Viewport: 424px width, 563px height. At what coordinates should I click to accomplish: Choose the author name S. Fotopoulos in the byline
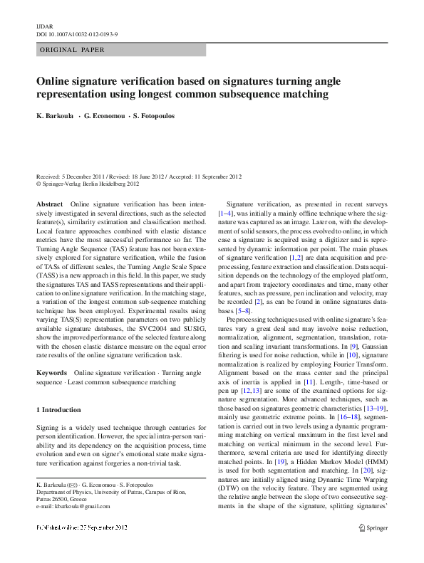coord(153,115)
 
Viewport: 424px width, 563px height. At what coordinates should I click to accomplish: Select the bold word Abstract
coord(49,204)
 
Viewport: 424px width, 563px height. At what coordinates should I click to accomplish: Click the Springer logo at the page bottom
coord(373,547)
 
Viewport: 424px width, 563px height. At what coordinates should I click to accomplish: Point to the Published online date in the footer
coord(80,547)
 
